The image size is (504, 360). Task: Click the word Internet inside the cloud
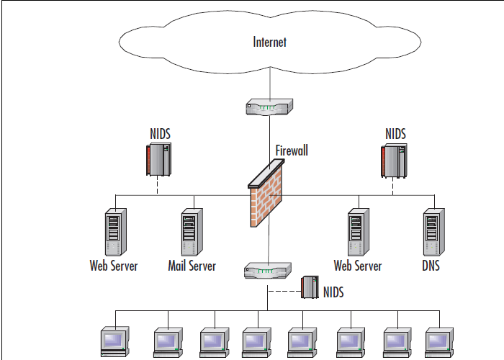click(x=270, y=42)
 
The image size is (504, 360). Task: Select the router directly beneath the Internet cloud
click(x=268, y=108)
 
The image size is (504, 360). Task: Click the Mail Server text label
click(x=192, y=266)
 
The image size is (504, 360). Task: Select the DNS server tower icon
click(x=431, y=231)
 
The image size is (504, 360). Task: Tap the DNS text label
click(x=431, y=266)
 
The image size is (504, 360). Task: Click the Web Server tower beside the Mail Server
click(x=114, y=231)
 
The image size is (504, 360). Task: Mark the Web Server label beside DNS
click(x=358, y=266)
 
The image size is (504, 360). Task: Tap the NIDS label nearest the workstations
click(x=333, y=292)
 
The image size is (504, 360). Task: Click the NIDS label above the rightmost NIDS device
click(x=395, y=134)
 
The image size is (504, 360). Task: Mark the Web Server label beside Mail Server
click(x=114, y=266)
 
